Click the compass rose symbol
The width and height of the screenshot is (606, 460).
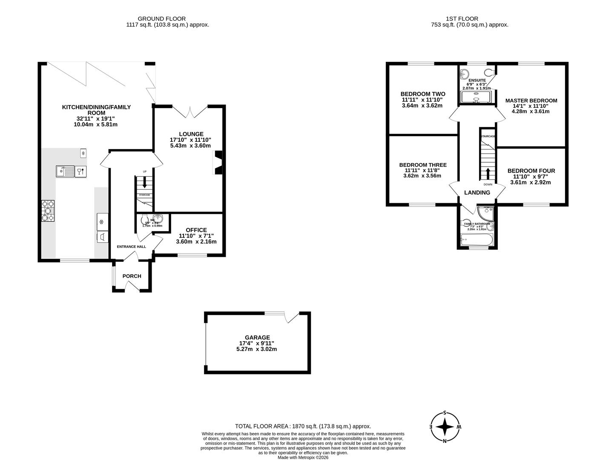pyautogui.click(x=445, y=426)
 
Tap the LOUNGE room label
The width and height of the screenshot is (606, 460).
pyautogui.click(x=191, y=134)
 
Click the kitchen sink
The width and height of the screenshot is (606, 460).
pyautogui.click(x=65, y=171)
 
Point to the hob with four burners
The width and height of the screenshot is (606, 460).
pyautogui.click(x=48, y=211)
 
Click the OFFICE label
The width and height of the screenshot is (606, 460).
pyautogui.click(x=196, y=230)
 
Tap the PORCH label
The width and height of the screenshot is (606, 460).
pyautogui.click(x=132, y=276)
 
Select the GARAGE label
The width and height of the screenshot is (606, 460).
pyautogui.click(x=257, y=337)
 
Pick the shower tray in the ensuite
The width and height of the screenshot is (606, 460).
pyautogui.click(x=476, y=98)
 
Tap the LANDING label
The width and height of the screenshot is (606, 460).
pyautogui.click(x=477, y=193)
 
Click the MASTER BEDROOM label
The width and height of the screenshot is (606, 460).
pyautogui.click(x=531, y=101)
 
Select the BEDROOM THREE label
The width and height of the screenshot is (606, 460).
pyautogui.click(x=422, y=165)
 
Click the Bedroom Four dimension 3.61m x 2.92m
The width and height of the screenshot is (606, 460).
pyautogui.click(x=531, y=182)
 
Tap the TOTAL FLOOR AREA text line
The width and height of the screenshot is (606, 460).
pyautogui.click(x=303, y=426)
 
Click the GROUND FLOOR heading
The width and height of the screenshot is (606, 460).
pyautogui.click(x=161, y=19)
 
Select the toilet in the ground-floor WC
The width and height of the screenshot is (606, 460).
pyautogui.click(x=145, y=219)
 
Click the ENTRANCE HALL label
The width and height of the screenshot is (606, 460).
pyautogui.click(x=132, y=247)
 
